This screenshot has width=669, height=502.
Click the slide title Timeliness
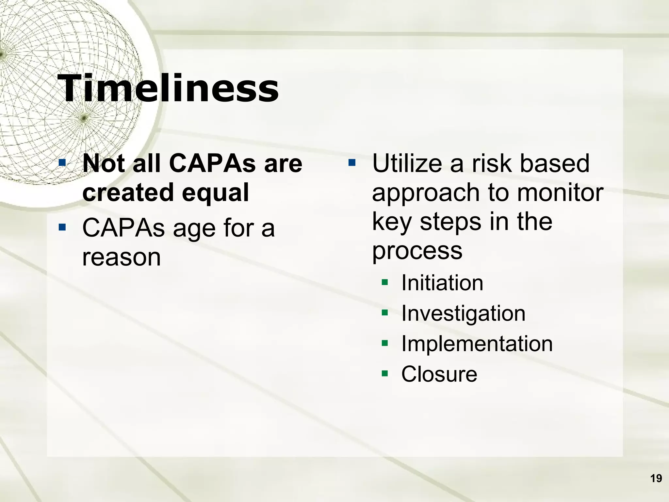click(x=168, y=88)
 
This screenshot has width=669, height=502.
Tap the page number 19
click(x=656, y=478)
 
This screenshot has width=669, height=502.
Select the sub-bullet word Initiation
click(x=442, y=283)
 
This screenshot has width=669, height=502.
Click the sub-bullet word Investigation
click(x=463, y=313)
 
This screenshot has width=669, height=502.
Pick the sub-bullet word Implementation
click(x=477, y=344)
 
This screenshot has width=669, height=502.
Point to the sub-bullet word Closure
click(x=439, y=374)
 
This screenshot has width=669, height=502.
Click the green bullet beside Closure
click(x=385, y=373)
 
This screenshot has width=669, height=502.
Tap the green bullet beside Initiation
click(x=385, y=282)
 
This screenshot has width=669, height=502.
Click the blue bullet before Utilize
click(x=351, y=162)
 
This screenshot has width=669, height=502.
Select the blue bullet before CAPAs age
click(x=62, y=227)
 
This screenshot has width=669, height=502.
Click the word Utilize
click(x=407, y=163)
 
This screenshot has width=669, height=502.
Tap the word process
click(x=417, y=251)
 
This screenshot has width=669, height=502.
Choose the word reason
click(x=122, y=258)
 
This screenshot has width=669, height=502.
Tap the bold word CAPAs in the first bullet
click(x=212, y=163)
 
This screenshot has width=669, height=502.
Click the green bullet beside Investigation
click(x=385, y=312)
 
